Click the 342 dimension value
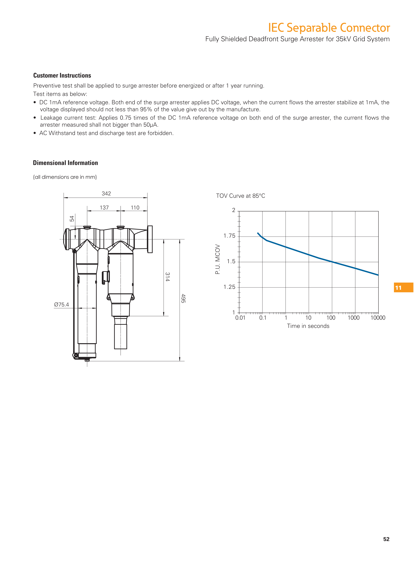106,194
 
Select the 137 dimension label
104,208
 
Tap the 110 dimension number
135,208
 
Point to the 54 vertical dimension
72,219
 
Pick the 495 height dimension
183,298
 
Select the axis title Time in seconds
308,326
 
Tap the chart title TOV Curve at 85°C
240,196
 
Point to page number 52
386,539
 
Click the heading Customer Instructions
62,75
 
